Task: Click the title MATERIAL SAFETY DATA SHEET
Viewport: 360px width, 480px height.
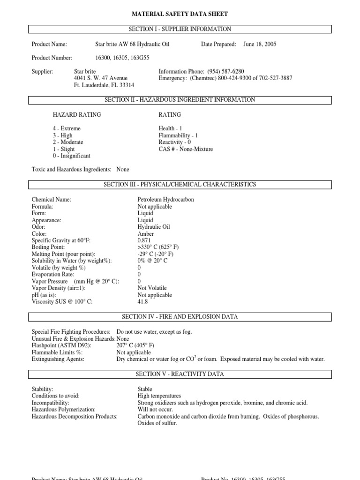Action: pos(180,15)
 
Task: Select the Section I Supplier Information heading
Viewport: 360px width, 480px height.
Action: pos(180,29)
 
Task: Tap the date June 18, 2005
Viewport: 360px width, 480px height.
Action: pos(260,45)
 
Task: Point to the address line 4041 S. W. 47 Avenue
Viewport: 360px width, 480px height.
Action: pos(101,78)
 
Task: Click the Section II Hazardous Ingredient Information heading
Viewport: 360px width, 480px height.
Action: pos(180,100)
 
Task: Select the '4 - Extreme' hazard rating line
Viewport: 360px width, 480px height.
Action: pos(67,128)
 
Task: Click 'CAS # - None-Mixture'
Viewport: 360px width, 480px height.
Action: pos(186,149)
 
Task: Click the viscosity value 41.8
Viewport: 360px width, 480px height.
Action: pos(143,302)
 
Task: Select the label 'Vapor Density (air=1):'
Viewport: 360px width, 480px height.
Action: pos(59,288)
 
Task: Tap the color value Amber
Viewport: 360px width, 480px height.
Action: pos(146,233)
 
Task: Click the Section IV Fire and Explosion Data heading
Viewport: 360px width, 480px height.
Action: pos(180,317)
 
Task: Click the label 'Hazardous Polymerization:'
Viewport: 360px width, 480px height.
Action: pos(63,409)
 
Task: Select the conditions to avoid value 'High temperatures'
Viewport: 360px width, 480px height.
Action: pos(159,396)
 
